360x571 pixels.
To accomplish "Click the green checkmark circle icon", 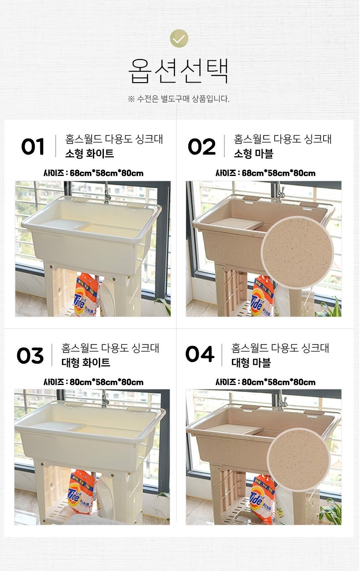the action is point(179,39).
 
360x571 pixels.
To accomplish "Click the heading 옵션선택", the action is point(178,71).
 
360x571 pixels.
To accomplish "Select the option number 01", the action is point(33,147).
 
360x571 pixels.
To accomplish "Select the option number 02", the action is point(201,147).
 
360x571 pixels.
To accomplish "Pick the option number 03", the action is point(30,355).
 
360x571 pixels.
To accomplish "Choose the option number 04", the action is point(200,354).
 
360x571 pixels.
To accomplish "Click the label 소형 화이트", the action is point(90,153).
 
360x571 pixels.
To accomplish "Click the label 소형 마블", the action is point(254,153).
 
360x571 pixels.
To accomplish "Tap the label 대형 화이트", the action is point(86,362).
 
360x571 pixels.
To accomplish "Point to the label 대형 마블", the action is point(251,362).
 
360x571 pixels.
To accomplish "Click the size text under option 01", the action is point(93,173).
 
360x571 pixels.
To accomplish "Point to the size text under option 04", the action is point(265,382).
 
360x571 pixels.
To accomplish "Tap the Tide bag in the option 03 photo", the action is point(80,493).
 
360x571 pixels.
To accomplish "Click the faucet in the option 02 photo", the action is point(280,192).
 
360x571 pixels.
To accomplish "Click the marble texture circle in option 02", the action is point(297,253).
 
